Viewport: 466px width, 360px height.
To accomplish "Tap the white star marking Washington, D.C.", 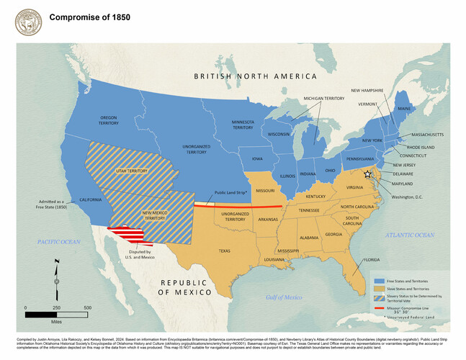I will (x=367, y=174).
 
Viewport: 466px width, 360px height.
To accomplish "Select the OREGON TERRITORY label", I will (x=109, y=120).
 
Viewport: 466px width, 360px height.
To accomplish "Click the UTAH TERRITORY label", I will (x=130, y=171).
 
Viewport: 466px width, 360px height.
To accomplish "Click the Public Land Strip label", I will (x=230, y=193).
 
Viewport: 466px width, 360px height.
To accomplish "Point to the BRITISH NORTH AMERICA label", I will (x=255, y=76).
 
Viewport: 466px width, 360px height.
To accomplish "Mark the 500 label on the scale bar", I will (x=87, y=308).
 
